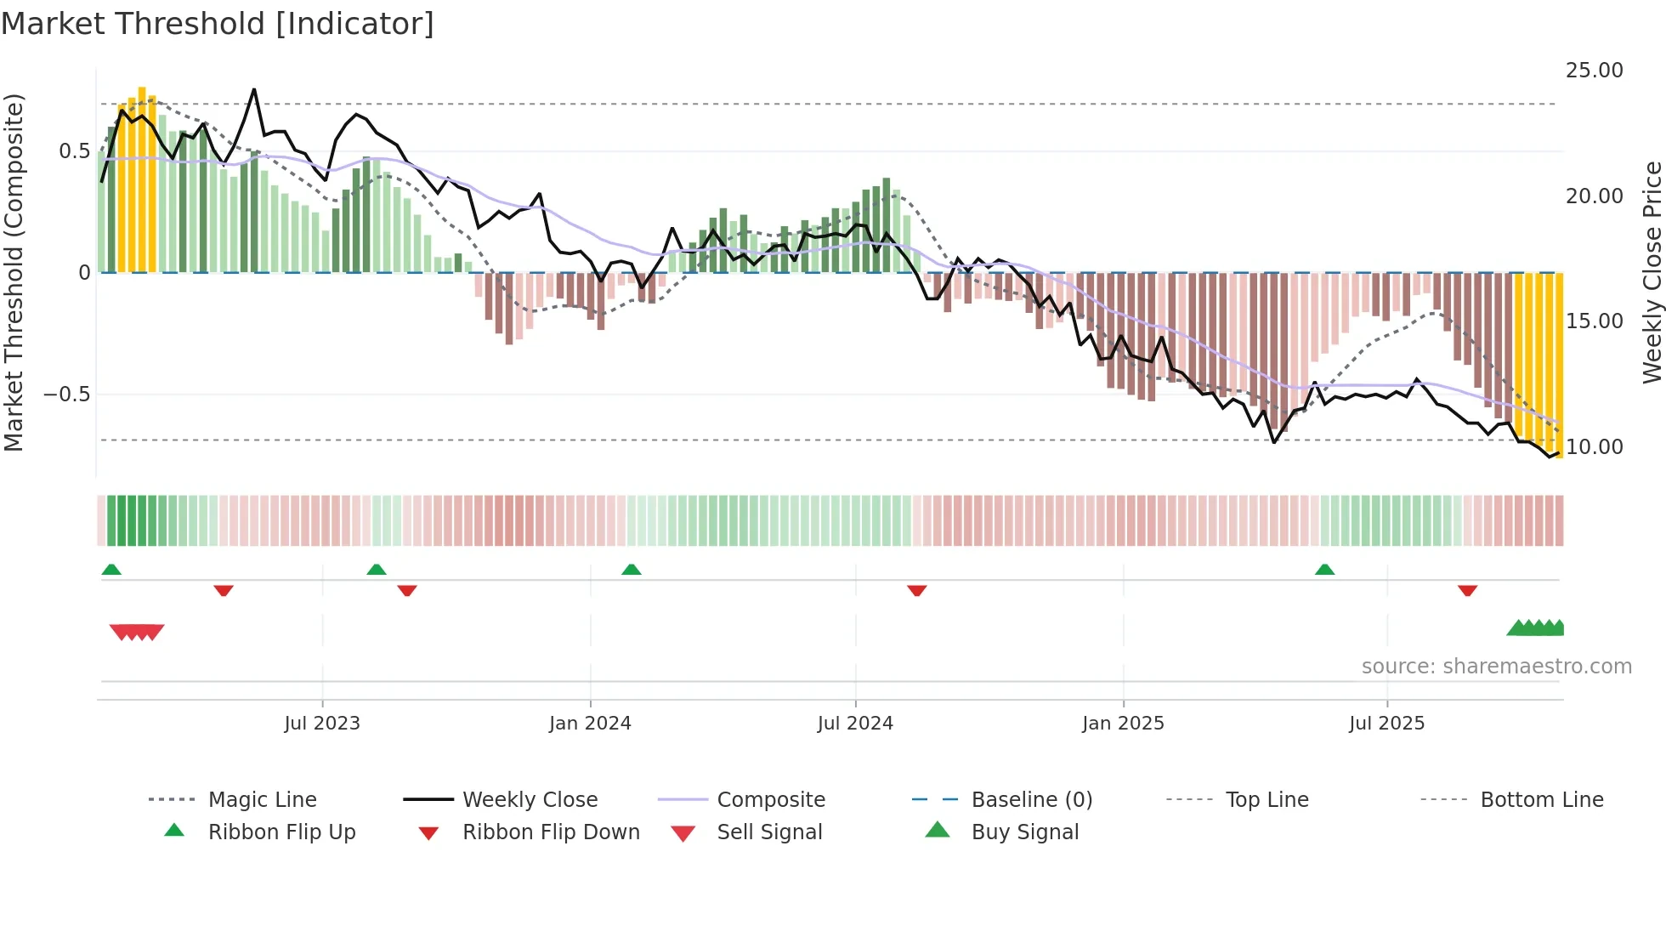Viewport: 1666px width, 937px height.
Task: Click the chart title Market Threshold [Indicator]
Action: tap(218, 24)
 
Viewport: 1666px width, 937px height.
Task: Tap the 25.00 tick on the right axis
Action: tap(1594, 71)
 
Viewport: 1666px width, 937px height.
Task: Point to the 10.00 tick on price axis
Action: tap(1594, 447)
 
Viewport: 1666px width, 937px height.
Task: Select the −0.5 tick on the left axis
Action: tap(66, 395)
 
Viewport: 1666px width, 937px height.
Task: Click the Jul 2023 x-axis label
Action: tap(322, 724)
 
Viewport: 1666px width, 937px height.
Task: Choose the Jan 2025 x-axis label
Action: tap(1123, 724)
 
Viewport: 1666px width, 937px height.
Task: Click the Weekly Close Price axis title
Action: tap(1652, 272)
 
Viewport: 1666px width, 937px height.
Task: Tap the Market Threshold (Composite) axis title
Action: tap(14, 272)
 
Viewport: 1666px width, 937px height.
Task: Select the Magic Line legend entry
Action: tap(262, 800)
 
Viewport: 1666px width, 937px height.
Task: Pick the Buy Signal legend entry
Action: tap(1024, 832)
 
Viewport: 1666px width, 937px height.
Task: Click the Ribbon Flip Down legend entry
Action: tap(550, 832)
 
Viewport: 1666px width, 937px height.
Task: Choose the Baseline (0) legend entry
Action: tap(1031, 800)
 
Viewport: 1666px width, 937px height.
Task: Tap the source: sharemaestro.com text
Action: tap(1496, 667)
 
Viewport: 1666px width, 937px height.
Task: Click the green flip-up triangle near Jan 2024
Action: tap(631, 570)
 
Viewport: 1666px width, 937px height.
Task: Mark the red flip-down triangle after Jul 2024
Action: tap(916, 590)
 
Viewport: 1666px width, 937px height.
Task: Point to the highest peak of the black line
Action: tap(253, 89)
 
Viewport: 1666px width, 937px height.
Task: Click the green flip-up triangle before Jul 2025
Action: tap(1324, 570)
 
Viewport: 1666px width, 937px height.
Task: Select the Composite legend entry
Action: tap(770, 800)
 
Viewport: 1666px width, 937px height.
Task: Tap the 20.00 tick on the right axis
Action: tap(1594, 196)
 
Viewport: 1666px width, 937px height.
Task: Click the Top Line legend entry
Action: tap(1266, 800)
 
